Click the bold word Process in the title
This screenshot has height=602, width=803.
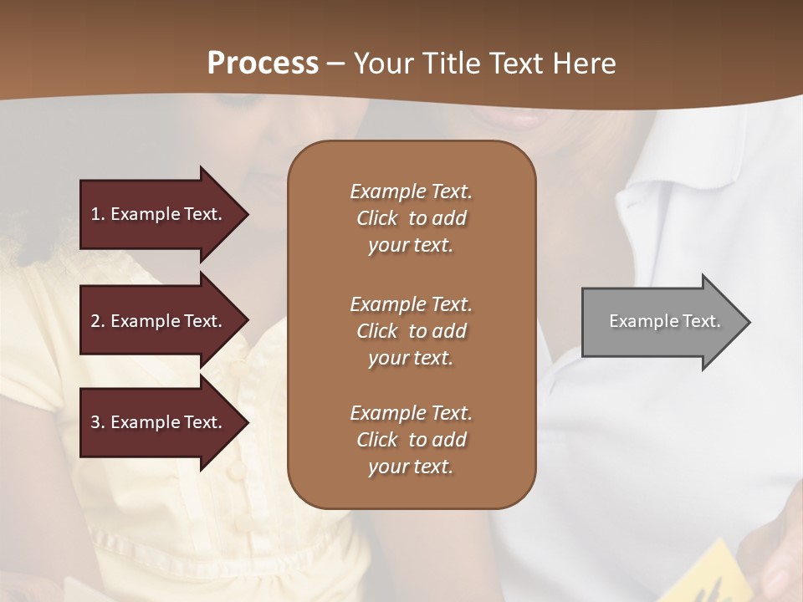coord(263,64)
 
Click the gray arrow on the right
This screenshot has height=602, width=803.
coord(661,322)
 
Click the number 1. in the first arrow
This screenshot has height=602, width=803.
coord(97,214)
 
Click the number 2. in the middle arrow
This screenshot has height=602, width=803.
coord(97,321)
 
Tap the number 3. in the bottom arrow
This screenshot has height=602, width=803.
coord(97,422)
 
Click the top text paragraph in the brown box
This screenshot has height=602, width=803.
coord(411,218)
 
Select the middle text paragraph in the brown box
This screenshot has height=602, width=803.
coord(411,331)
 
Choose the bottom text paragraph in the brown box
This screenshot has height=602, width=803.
coord(411,440)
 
